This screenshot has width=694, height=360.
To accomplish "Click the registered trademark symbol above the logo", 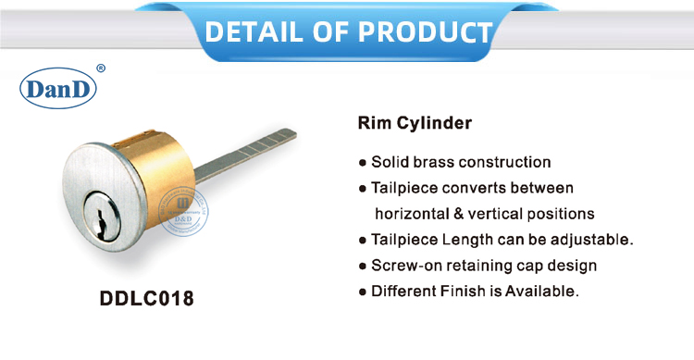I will tap(100, 68).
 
